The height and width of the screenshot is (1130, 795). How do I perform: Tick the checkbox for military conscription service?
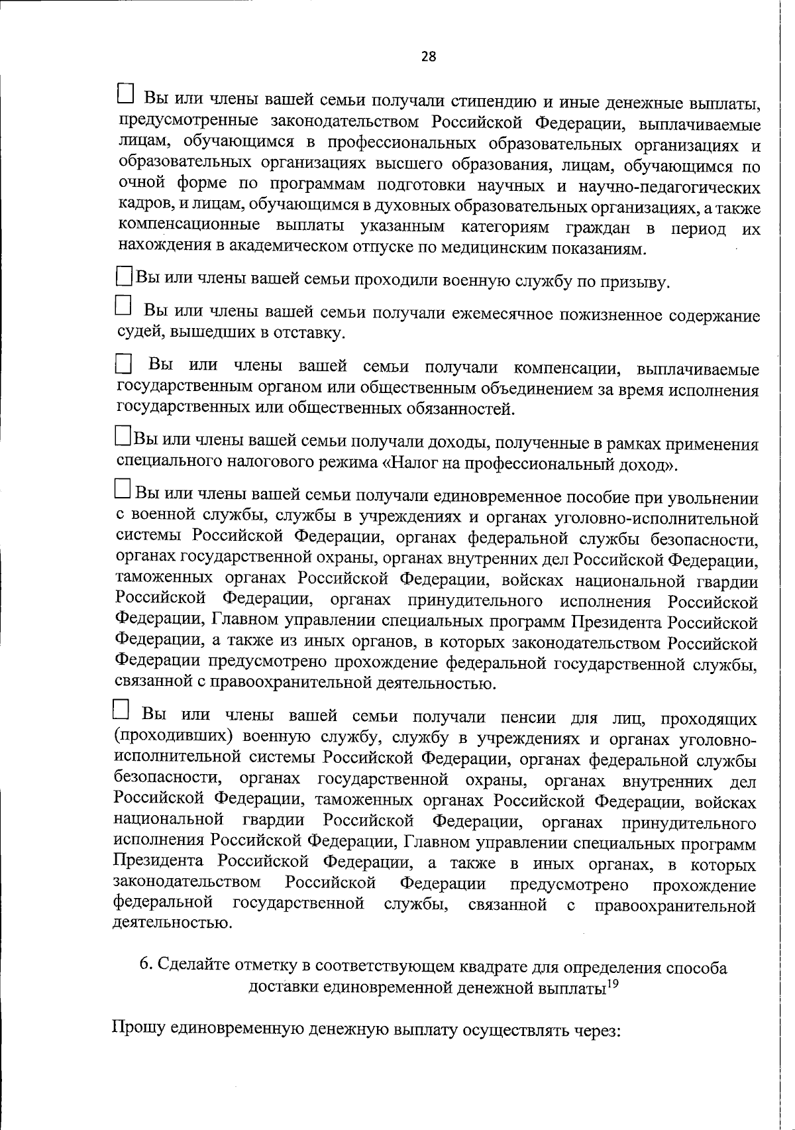pyautogui.click(x=124, y=277)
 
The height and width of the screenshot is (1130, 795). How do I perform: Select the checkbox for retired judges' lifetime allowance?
pyautogui.click(x=123, y=306)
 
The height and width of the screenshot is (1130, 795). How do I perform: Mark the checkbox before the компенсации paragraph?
pyautogui.click(x=124, y=363)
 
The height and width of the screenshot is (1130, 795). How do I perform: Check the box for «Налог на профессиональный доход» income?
pyautogui.click(x=123, y=435)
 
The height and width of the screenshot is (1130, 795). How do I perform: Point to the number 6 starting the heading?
pyautogui.click(x=144, y=967)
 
